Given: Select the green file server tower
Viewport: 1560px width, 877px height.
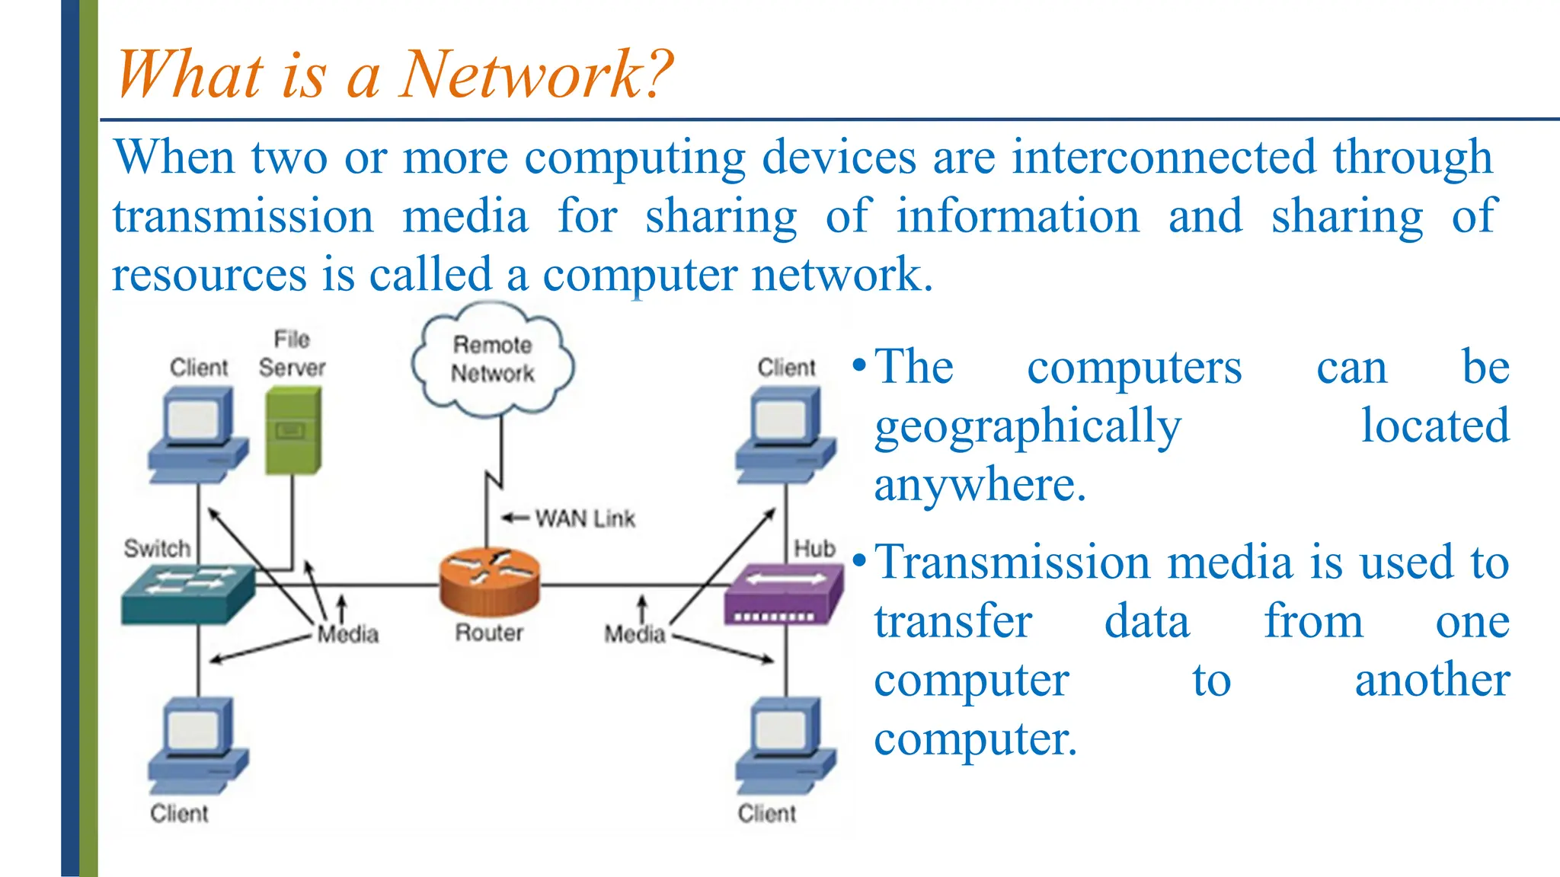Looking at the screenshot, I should pyautogui.click(x=293, y=430).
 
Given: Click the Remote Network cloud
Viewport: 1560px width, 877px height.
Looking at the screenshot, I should pyautogui.click(x=493, y=362).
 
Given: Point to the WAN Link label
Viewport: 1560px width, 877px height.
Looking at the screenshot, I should pyautogui.click(x=584, y=518).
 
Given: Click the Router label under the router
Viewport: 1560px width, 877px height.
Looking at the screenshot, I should pyautogui.click(x=489, y=633).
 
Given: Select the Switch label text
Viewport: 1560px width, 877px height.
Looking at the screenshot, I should pyautogui.click(x=157, y=548).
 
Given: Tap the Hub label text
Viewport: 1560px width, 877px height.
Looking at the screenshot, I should pyautogui.click(x=814, y=548).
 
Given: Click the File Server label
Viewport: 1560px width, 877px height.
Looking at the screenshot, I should pyautogui.click(x=292, y=354).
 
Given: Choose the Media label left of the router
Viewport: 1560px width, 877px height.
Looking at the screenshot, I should pyautogui.click(x=348, y=634).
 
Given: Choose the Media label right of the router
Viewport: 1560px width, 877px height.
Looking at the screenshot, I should pyautogui.click(x=635, y=634).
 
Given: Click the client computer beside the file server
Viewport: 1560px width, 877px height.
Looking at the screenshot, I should pyautogui.click(x=198, y=435).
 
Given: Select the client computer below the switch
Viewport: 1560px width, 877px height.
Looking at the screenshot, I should pyautogui.click(x=198, y=746).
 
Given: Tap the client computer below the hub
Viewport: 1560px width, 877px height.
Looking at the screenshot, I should pyautogui.click(x=785, y=746).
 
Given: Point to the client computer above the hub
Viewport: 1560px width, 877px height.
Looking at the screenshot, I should pyautogui.click(x=785, y=435).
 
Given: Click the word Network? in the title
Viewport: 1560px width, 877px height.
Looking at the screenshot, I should pyautogui.click(x=536, y=75).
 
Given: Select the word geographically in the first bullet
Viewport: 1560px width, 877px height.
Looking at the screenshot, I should pyautogui.click(x=1028, y=426).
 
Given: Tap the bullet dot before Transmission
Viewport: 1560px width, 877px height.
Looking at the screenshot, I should pyautogui.click(x=859, y=562).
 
